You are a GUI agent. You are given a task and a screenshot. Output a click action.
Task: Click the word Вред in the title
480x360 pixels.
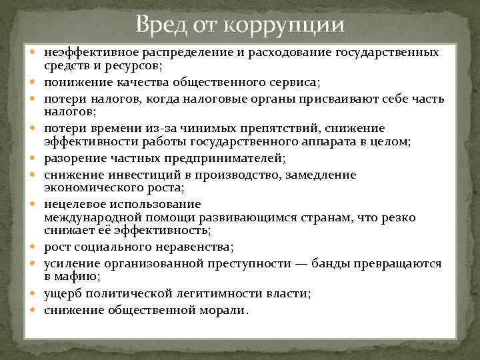[x=159, y=25]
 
